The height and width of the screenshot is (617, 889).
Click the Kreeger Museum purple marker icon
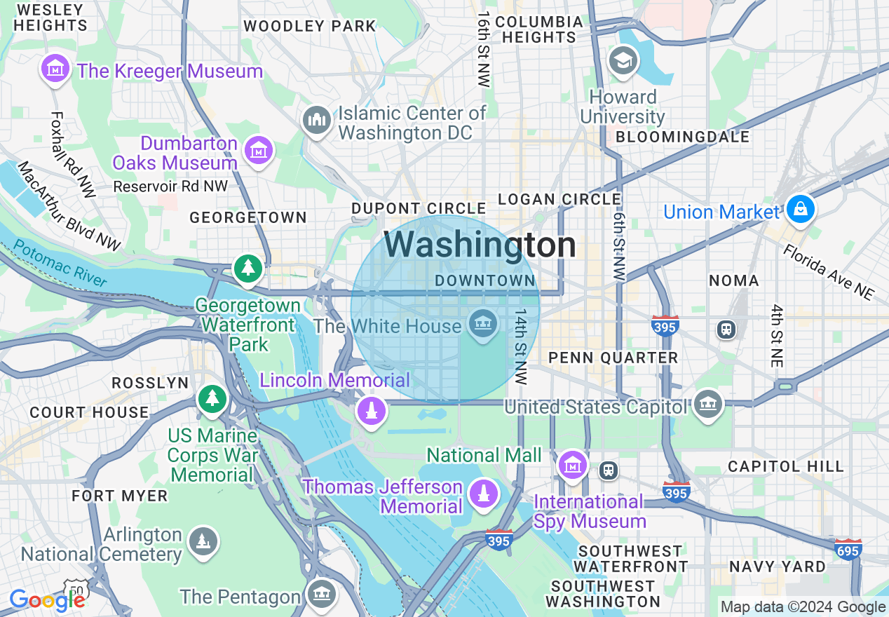point(55,69)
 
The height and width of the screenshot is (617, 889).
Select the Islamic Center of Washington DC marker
point(317,121)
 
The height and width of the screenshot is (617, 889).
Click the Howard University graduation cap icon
point(623,61)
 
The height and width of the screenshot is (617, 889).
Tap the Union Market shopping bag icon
point(799,209)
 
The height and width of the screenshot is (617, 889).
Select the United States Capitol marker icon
point(708,405)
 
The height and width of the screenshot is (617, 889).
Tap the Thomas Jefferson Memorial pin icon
point(483,494)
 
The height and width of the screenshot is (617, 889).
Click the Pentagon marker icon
point(322,594)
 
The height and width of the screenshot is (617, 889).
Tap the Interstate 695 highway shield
point(848,550)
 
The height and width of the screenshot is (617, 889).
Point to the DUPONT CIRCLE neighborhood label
point(419,208)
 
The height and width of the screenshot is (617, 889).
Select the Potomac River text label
point(60,264)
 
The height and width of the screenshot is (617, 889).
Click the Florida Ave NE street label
point(828,272)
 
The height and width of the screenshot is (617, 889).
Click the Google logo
point(47,599)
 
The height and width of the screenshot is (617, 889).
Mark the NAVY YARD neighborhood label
point(777,567)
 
